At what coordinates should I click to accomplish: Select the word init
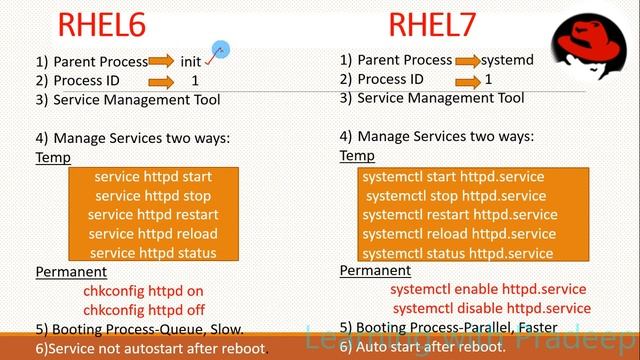191,61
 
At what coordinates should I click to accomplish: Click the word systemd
507,60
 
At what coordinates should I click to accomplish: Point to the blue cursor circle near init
220,50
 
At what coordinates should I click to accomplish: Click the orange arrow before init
160,61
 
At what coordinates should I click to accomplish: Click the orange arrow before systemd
466,60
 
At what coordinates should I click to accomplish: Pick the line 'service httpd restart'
153,215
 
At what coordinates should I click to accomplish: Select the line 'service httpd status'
153,253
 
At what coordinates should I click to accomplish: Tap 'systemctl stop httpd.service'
470,196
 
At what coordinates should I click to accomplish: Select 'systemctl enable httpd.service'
488,289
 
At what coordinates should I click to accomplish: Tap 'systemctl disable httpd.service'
491,308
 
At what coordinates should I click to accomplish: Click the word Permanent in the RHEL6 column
71,272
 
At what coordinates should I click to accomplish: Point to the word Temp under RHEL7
357,156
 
